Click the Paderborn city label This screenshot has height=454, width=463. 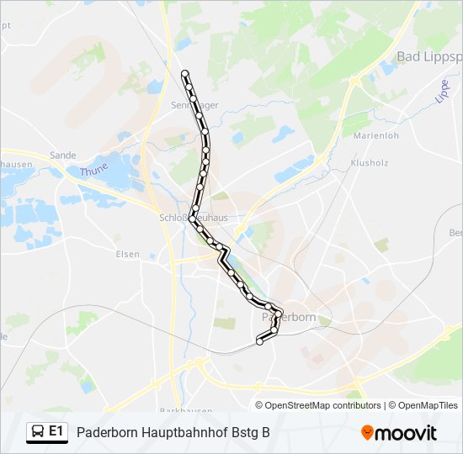tap(289, 317)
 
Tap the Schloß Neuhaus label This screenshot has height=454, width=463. tap(193, 217)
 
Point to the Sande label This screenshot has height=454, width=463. tap(62, 156)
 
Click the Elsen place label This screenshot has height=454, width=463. tap(128, 254)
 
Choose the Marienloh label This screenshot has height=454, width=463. tap(375, 135)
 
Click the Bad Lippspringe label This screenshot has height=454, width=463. tap(429, 56)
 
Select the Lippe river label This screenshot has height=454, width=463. tap(443, 91)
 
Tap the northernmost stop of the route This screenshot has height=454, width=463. tap(185, 74)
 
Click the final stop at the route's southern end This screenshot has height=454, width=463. tap(260, 341)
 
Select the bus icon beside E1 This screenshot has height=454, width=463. tap(37, 432)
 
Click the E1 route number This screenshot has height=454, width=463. tap(56, 432)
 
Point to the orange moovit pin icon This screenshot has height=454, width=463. tap(368, 433)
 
